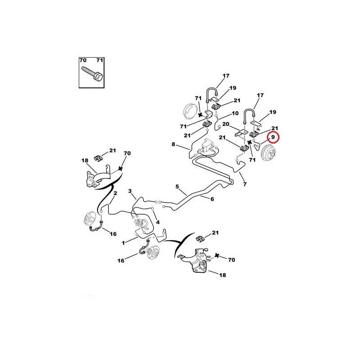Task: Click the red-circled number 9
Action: [x=273, y=137]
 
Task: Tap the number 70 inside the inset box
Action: [x=83, y=60]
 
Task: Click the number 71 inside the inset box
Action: [x=100, y=60]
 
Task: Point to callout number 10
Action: [x=235, y=113]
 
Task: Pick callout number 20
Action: [x=226, y=124]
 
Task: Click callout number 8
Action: [x=173, y=144]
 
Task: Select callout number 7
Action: [x=245, y=184]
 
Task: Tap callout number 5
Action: [x=177, y=187]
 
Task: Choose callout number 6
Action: [x=212, y=199]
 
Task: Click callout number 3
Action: [x=130, y=191]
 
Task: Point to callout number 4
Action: [x=158, y=222]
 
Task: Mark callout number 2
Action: [x=115, y=193]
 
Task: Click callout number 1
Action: [x=123, y=243]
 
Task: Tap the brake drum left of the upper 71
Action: [x=191, y=111]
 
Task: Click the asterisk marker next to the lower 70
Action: [x=216, y=256]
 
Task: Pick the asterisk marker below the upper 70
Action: [x=120, y=169]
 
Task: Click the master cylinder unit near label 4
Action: [x=140, y=224]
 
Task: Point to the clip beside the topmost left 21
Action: [x=99, y=158]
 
